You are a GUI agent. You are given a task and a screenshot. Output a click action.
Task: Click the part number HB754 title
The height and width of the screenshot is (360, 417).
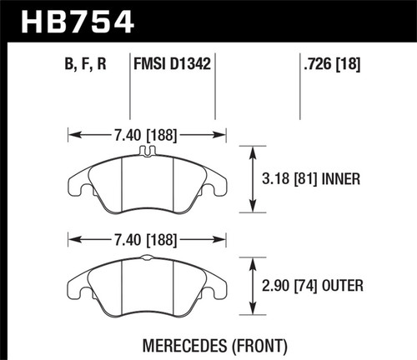(x=73, y=18)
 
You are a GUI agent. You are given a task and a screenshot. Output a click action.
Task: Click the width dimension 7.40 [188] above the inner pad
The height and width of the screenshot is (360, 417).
(x=147, y=132)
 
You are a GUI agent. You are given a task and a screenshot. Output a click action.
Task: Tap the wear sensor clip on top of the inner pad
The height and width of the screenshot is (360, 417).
(x=147, y=151)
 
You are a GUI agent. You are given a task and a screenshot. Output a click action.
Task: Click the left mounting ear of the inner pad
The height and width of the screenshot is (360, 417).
(x=76, y=184)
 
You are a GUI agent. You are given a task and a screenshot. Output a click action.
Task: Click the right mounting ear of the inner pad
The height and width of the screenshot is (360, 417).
(x=219, y=184)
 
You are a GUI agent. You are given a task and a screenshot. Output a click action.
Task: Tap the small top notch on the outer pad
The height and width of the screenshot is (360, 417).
(x=147, y=259)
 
